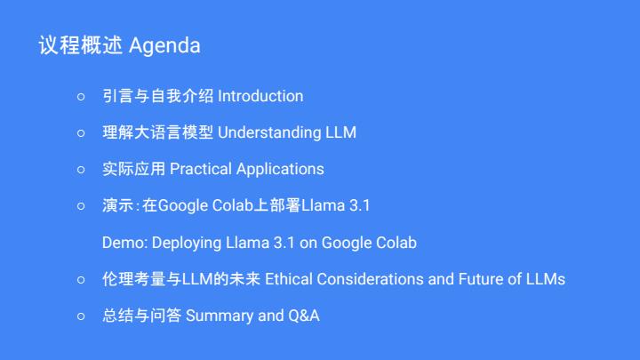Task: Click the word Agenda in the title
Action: click(164, 45)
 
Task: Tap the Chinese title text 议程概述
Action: click(80, 45)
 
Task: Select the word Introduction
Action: click(260, 96)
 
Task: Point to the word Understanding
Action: click(269, 132)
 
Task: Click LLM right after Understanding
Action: click(340, 132)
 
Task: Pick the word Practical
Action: click(201, 169)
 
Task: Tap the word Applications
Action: click(280, 170)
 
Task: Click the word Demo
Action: click(124, 243)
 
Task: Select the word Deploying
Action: click(187, 244)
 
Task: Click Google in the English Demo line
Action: click(347, 243)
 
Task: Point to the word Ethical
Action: click(289, 279)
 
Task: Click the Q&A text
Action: click(304, 316)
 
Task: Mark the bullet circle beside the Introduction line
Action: click(81, 97)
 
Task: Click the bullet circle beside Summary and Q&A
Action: click(81, 316)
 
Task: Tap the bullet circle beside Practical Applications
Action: click(81, 170)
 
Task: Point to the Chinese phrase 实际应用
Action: click(134, 169)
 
